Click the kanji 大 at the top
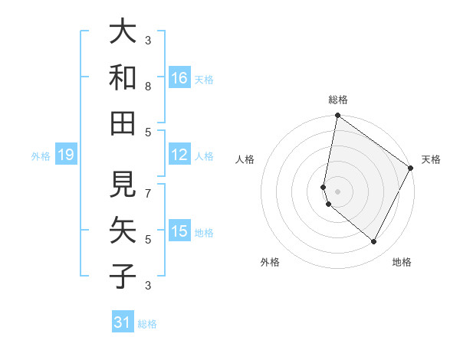(123, 32)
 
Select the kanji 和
(123, 77)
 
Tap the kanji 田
(123, 123)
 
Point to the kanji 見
(123, 185)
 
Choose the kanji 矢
(123, 230)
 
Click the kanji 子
(123, 275)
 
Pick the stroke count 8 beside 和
(148, 87)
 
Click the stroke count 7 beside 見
(148, 187)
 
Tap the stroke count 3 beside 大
(148, 40)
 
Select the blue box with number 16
(179, 77)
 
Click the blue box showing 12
(179, 155)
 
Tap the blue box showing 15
(179, 231)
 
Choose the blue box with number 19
(65, 155)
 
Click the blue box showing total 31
(123, 322)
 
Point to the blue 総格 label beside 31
(147, 324)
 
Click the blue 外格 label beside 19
(41, 156)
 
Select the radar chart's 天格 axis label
(431, 159)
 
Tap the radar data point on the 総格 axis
(337, 116)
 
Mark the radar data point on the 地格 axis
(373, 242)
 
